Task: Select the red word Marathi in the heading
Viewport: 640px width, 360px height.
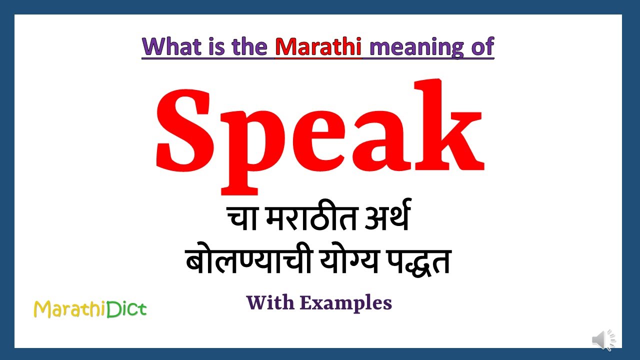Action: tap(318, 46)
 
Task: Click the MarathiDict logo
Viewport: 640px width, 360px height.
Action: tap(90, 309)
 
